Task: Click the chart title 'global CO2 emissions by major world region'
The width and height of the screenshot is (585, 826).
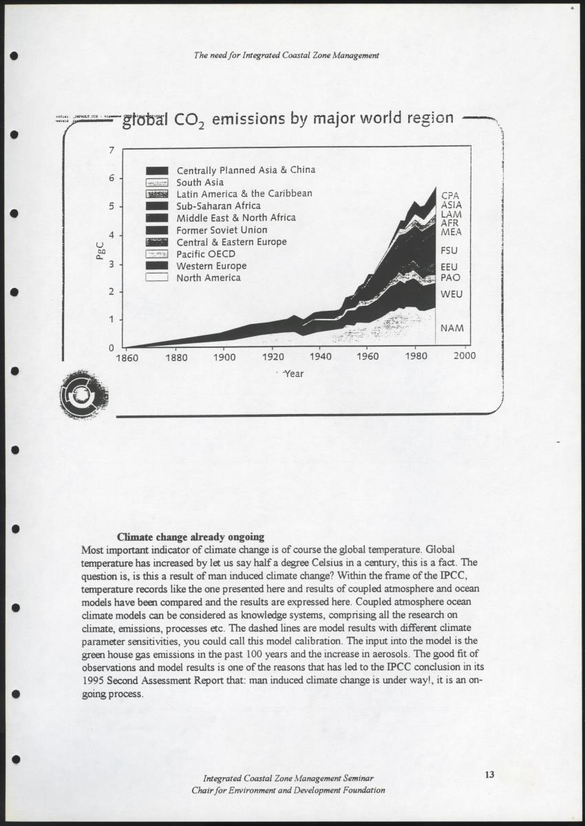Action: [288, 119]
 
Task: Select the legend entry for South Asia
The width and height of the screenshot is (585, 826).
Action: [200, 183]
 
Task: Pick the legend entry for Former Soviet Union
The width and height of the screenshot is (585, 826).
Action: [222, 230]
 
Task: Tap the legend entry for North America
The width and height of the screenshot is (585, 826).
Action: [209, 278]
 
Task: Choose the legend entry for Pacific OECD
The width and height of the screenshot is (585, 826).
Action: [206, 254]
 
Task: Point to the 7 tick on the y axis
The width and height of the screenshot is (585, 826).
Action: [111, 150]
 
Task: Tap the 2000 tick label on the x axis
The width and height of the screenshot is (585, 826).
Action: [465, 357]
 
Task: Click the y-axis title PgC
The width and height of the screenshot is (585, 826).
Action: [100, 249]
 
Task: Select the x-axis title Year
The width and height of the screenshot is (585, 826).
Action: [293, 374]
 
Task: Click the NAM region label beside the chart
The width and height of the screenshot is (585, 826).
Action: [451, 328]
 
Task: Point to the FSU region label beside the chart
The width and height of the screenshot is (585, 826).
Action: [449, 251]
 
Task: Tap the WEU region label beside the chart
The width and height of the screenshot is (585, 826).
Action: [451, 294]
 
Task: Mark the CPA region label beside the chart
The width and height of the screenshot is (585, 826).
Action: [450, 196]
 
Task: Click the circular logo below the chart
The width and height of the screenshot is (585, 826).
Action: [83, 395]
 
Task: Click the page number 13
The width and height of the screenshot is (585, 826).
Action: [489, 775]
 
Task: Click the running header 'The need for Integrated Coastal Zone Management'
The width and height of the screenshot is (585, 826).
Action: [287, 54]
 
